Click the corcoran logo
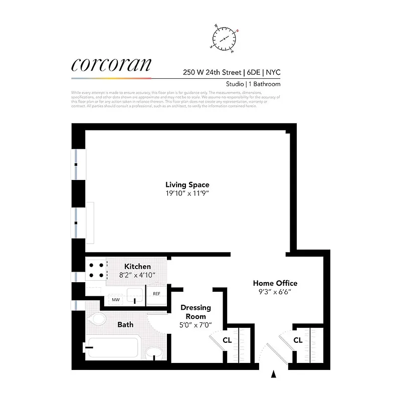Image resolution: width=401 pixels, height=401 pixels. point(111,65)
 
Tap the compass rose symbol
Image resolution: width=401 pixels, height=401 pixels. point(225,38)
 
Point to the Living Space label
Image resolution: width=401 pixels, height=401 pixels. point(187,184)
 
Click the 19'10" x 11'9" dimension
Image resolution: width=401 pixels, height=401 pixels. point(187,193)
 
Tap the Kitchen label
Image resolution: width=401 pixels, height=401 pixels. point(137,266)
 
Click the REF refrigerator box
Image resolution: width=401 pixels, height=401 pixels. point(156,294)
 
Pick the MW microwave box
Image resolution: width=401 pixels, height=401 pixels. point(116,300)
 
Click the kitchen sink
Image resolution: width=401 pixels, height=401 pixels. point(134,295)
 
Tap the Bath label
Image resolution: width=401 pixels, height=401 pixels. point(125,324)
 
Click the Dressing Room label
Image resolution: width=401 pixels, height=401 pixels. point(195,312)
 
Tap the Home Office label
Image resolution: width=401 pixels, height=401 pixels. point(275,283)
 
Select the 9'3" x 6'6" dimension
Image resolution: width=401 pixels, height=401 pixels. point(275,291)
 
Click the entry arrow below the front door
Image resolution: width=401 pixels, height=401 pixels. point(274,374)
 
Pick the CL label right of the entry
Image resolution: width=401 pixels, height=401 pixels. point(298,340)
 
